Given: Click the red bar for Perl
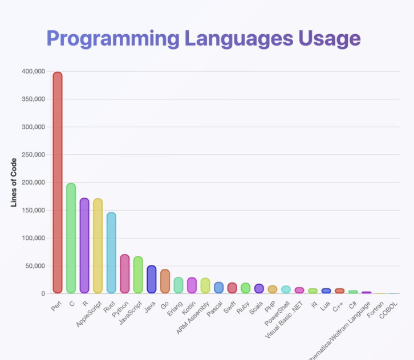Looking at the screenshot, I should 58,182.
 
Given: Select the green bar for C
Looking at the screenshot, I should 71,238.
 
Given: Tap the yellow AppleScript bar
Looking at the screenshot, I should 98,246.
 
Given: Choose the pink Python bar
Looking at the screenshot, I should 124,274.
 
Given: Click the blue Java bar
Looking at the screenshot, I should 151,279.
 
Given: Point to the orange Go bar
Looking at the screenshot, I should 165,281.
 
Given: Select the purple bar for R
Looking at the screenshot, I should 84,246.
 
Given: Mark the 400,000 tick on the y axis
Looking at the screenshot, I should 34,72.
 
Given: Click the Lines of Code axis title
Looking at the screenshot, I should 15,183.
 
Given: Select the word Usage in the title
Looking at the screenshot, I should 330,38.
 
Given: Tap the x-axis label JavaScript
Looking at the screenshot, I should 129,313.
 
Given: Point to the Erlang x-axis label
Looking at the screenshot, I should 173,308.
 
